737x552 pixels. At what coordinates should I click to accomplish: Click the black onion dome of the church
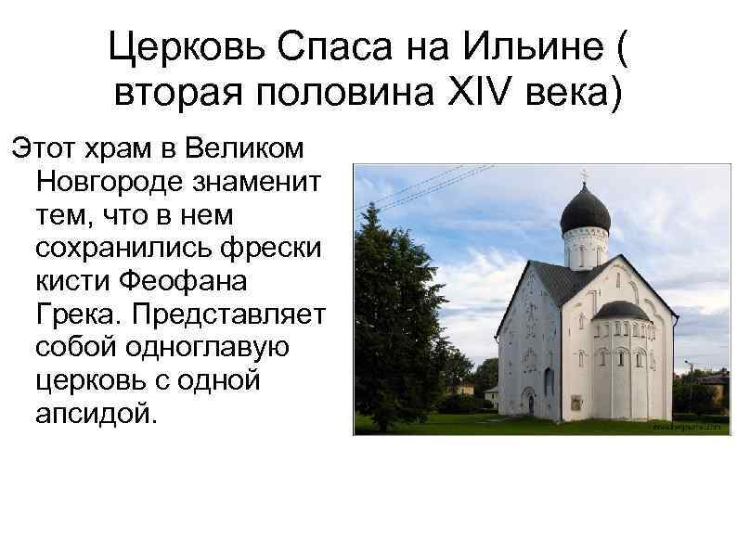point(585,212)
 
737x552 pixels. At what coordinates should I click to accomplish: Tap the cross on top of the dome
point(585,174)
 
